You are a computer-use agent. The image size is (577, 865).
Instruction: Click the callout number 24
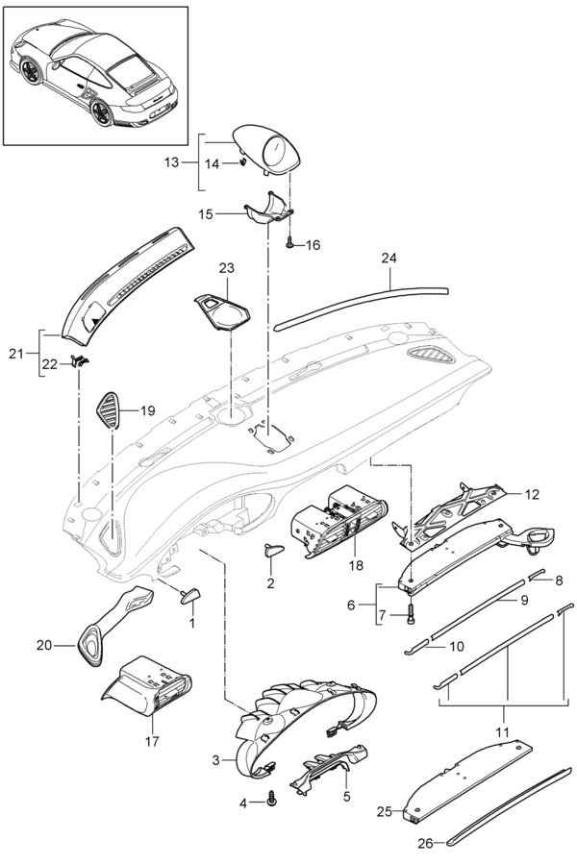coord(389,258)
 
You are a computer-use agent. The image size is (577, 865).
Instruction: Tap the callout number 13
coord(172,162)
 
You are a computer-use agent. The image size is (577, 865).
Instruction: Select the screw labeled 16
coord(289,245)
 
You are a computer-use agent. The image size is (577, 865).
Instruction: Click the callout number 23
coord(226,267)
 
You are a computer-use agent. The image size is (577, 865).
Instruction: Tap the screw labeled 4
coord(274,796)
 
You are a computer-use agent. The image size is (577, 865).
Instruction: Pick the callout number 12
coord(532,494)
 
